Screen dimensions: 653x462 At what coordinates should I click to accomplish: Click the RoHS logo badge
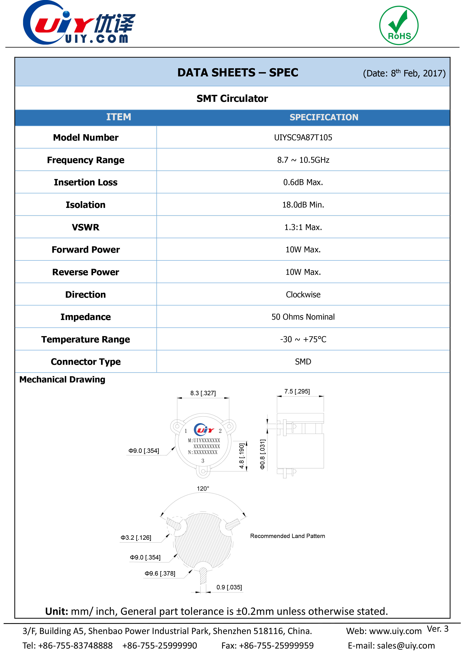coord(399,26)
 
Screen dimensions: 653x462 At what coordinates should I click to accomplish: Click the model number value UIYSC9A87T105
coord(303,138)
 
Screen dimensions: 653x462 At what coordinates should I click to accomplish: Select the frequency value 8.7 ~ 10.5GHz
coord(303,160)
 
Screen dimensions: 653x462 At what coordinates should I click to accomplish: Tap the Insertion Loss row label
coord(86,182)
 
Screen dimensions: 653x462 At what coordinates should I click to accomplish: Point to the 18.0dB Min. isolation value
coord(303,205)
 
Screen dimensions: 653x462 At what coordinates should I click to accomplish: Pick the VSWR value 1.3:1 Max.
coord(303,227)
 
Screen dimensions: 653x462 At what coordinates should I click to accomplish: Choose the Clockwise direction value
coord(303,295)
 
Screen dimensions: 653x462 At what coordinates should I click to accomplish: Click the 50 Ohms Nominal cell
coord(303,317)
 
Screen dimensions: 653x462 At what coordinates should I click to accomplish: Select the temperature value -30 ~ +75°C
coord(303,339)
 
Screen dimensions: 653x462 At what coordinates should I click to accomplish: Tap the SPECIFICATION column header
coord(324,117)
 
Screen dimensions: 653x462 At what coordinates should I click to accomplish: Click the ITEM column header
coord(119,117)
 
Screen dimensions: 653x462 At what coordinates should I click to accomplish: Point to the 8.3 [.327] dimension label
coord(203,393)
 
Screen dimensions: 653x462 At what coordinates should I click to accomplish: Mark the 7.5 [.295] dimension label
coord(297,391)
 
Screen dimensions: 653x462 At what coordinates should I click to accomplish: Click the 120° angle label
coord(203,488)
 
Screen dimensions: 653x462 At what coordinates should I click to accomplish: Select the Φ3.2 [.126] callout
coord(136,538)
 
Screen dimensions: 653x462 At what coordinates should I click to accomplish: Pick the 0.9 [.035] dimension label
coord(229,587)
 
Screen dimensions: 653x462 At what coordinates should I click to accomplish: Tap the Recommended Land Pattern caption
coord(287,536)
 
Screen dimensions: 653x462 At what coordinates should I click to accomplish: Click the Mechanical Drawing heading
coord(62,380)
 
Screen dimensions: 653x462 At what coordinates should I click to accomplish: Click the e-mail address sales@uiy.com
coord(406,645)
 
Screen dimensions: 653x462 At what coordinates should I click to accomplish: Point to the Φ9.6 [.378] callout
coord(160,573)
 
